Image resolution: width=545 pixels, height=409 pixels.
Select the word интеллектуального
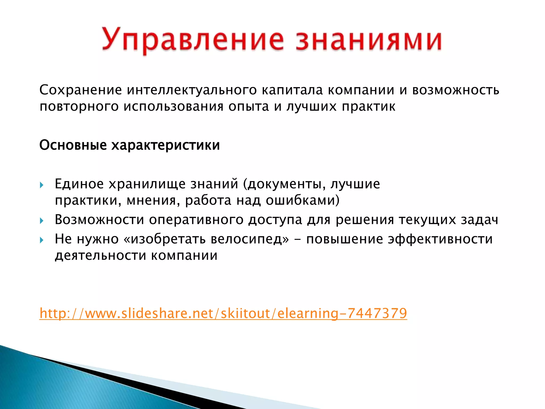point(192,90)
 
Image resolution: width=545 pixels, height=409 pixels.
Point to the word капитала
point(292,90)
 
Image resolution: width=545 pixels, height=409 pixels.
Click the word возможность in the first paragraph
point(456,90)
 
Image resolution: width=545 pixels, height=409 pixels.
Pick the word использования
point(173,107)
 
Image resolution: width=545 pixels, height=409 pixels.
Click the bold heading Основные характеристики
point(130,145)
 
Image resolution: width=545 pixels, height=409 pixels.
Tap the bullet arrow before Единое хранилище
point(42,185)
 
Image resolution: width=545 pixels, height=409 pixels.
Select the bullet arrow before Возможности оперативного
point(42,220)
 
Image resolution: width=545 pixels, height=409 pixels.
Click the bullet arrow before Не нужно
point(42,240)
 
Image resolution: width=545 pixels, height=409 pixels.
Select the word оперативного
point(196,220)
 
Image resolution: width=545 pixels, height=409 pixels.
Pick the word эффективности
point(440,239)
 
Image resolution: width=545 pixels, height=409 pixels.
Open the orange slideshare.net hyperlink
point(223,313)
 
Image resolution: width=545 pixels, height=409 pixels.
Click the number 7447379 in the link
point(377,313)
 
